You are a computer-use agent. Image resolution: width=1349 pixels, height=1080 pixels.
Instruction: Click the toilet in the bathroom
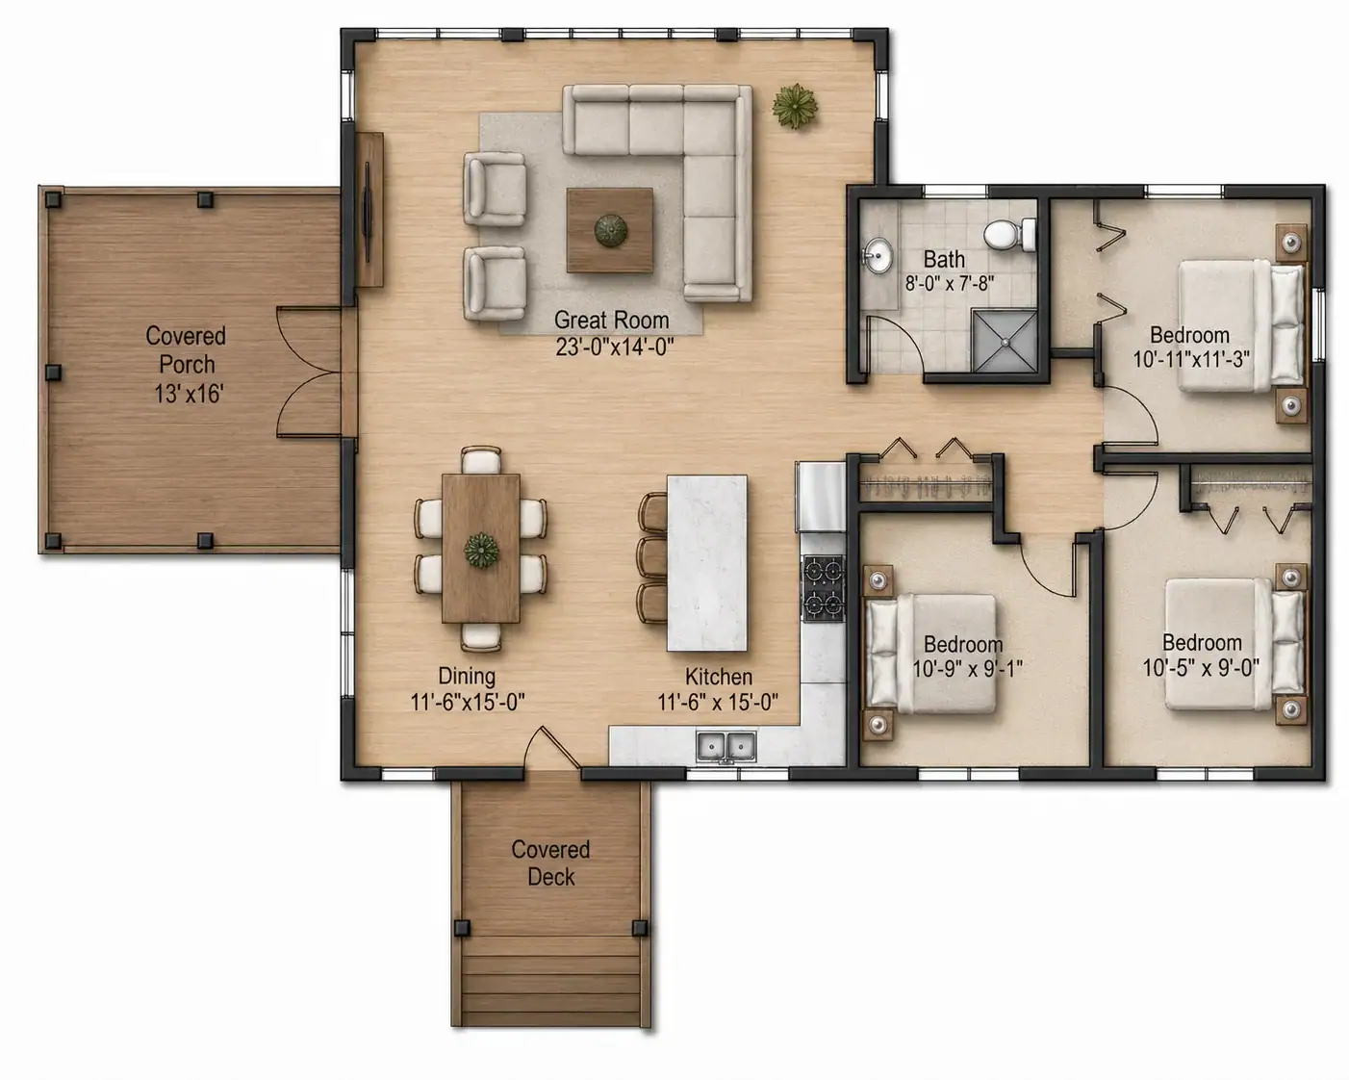(1010, 235)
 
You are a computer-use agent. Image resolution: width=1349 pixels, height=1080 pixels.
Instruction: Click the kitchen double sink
(725, 747)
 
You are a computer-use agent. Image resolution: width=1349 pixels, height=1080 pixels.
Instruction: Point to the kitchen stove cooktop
(824, 588)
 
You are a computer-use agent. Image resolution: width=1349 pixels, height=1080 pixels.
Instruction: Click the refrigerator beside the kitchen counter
(821, 497)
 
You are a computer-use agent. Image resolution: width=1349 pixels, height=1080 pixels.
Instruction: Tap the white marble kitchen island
(707, 563)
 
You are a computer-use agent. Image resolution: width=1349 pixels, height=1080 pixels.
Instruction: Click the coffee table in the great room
(610, 230)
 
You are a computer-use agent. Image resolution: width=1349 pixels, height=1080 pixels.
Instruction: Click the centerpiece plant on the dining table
(481, 551)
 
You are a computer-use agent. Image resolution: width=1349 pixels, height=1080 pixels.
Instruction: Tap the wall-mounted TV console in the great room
(369, 210)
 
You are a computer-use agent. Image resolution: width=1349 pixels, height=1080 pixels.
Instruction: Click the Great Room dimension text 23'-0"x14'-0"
(614, 347)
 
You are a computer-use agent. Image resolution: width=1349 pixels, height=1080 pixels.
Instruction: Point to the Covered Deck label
(550, 863)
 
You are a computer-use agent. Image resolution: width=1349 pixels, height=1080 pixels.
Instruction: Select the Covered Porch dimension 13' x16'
(189, 394)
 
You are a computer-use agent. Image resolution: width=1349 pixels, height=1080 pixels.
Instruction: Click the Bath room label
(944, 259)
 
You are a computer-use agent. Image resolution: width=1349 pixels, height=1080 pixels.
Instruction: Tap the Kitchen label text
(719, 677)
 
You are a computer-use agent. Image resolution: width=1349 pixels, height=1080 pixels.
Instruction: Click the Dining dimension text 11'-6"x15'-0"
(468, 702)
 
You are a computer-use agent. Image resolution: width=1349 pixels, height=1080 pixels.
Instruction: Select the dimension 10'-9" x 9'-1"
(967, 669)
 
